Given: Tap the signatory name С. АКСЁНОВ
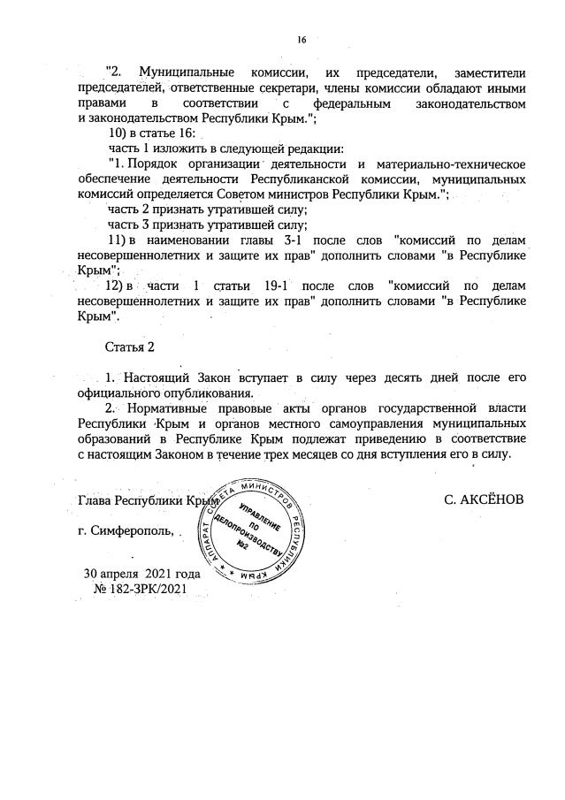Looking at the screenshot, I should [485, 499].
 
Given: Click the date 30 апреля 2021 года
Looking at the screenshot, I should [142, 574].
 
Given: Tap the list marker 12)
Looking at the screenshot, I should [118, 286].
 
